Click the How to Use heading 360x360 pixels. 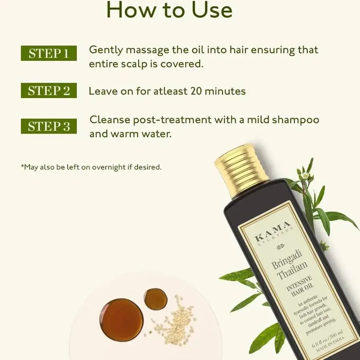point(169,11)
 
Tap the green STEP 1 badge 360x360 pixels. point(48,53)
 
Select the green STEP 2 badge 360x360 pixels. point(48,91)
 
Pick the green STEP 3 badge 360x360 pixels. point(48,126)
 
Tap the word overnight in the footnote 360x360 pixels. point(109,167)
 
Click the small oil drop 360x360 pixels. point(155,299)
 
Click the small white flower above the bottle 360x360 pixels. point(306,176)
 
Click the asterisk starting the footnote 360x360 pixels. point(22,166)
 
